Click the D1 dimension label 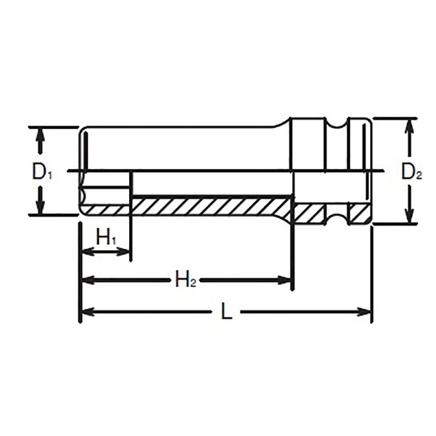click(41, 173)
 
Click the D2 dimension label click(411, 173)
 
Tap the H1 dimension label click(106, 238)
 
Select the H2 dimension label click(185, 281)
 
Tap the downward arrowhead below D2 click(408, 216)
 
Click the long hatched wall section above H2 click(213, 206)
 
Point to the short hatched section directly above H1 click(107, 210)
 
